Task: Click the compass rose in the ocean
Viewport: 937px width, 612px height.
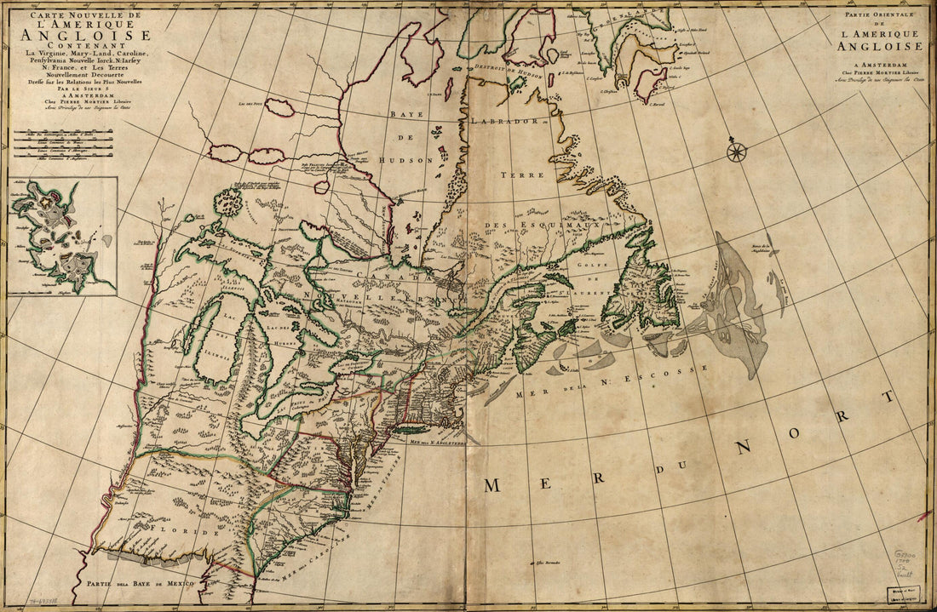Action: coord(737,152)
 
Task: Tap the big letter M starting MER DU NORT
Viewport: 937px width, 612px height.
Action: coord(492,485)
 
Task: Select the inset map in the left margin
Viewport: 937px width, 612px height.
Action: coord(60,236)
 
